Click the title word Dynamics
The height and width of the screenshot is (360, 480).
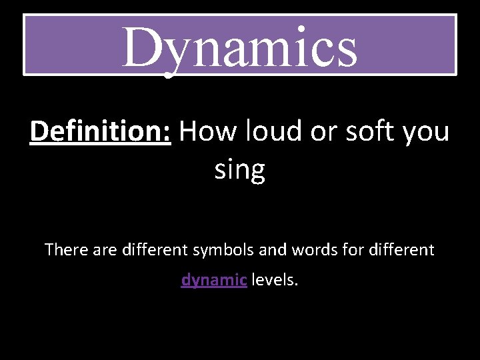239,47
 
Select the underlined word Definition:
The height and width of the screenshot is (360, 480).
101,132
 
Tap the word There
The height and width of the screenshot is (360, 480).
65,250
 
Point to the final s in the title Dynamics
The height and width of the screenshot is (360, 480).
345,53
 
